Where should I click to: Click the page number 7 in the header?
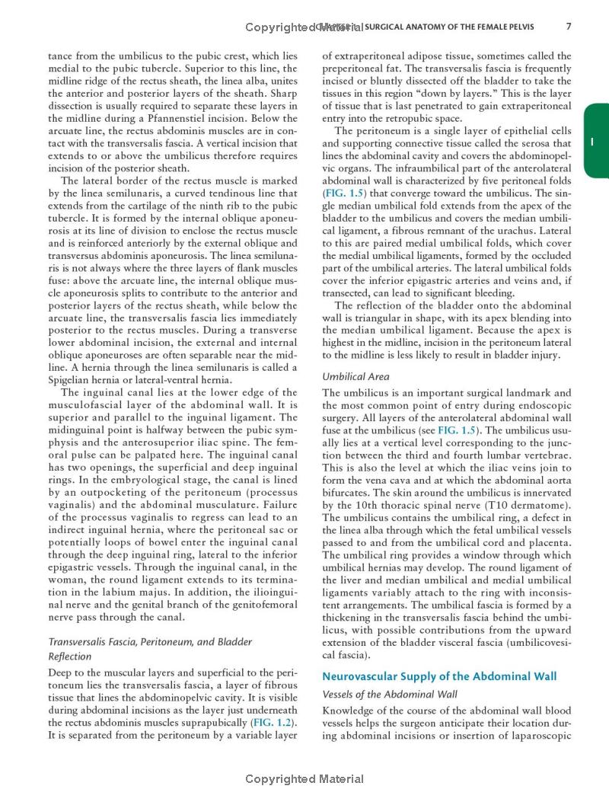click(x=569, y=27)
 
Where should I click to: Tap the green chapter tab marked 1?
click(x=596, y=142)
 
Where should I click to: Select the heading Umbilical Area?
click(x=356, y=376)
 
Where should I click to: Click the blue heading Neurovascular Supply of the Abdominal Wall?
click(x=439, y=676)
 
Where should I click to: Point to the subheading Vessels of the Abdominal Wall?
click(x=390, y=695)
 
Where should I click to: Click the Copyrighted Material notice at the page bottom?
click(x=304, y=779)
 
